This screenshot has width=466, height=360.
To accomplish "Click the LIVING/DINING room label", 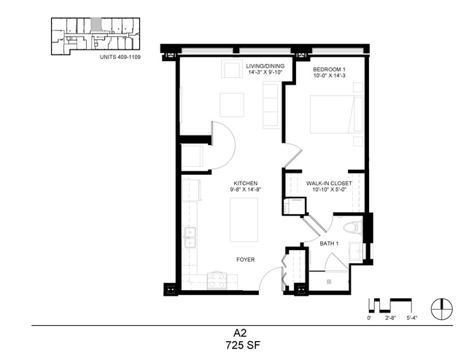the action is point(265,66).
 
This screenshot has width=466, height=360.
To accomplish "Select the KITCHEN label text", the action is point(246,183).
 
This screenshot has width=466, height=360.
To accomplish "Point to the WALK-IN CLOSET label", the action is point(329,183).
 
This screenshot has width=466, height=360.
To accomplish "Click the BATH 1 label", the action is point(330,243).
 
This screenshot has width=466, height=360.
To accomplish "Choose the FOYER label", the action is point(246,259).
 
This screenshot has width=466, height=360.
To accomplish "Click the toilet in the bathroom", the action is point(353,228).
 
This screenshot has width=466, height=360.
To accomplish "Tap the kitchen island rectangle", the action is point(244,220).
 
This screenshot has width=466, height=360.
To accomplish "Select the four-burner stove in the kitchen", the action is point(217,281).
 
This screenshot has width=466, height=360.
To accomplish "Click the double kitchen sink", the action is point(190,238).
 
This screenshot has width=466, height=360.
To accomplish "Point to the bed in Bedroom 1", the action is point(336,114).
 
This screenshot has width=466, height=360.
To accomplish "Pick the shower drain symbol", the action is point(329,281).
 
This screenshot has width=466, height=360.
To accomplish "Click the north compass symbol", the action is point(442,309).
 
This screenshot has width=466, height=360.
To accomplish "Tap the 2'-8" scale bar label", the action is point(390,318).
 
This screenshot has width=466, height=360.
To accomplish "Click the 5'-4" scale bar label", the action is point(412,318).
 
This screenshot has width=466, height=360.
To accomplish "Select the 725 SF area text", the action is point(243,345).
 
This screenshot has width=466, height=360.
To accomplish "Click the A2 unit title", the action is point(240,333).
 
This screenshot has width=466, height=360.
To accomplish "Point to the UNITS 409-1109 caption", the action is point(120,57).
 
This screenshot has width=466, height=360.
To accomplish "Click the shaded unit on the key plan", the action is point(96,24).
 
